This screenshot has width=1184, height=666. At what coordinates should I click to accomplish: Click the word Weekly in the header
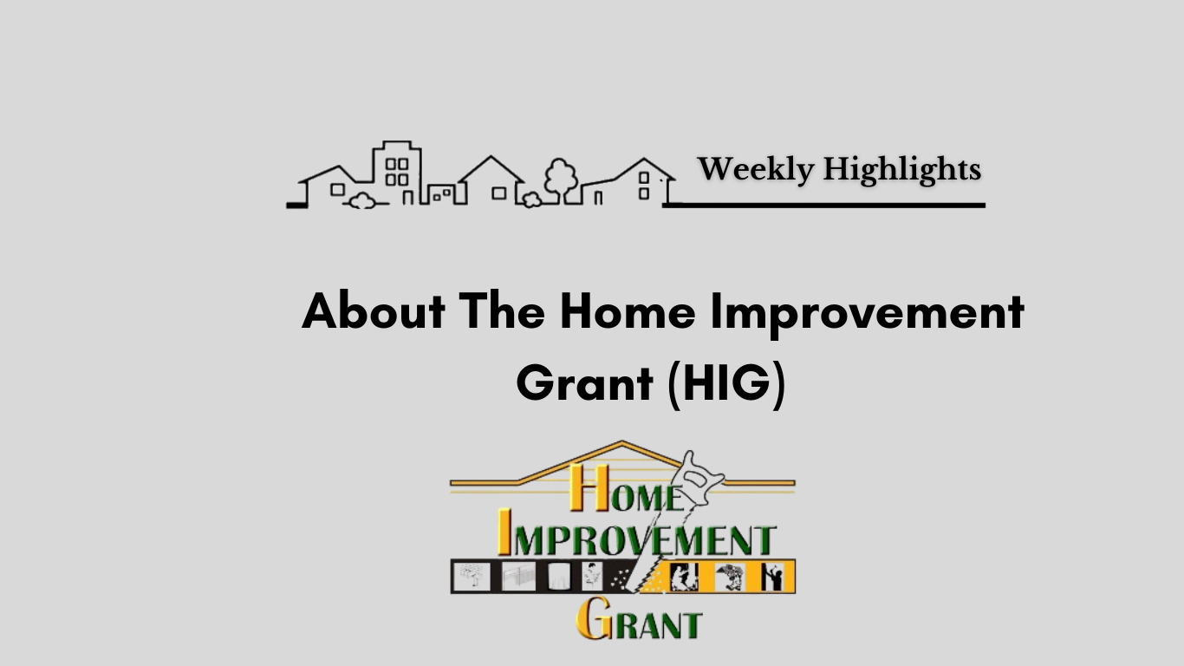click(x=756, y=169)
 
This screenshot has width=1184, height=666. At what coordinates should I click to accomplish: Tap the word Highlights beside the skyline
click(x=901, y=170)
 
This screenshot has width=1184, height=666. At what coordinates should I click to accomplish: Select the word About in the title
click(x=374, y=311)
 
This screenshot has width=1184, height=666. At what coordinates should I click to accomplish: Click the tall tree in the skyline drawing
click(x=561, y=180)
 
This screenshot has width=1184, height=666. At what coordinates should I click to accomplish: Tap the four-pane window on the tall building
click(x=397, y=172)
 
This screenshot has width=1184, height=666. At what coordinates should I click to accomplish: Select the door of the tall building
click(x=407, y=198)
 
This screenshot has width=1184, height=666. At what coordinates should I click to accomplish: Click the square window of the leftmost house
click(x=337, y=189)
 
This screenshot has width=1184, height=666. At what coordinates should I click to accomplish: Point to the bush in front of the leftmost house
click(x=362, y=201)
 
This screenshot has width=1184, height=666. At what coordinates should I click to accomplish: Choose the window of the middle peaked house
click(x=499, y=193)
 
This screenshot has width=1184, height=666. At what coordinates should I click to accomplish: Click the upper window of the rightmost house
click(x=644, y=178)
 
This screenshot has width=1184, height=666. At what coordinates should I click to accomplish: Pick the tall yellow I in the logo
click(x=504, y=532)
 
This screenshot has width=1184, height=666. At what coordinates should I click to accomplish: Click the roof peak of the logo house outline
click(x=621, y=442)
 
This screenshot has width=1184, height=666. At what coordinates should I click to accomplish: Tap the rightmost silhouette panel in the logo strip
click(x=773, y=577)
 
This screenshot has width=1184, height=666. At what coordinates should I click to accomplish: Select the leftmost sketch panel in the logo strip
click(x=472, y=577)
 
